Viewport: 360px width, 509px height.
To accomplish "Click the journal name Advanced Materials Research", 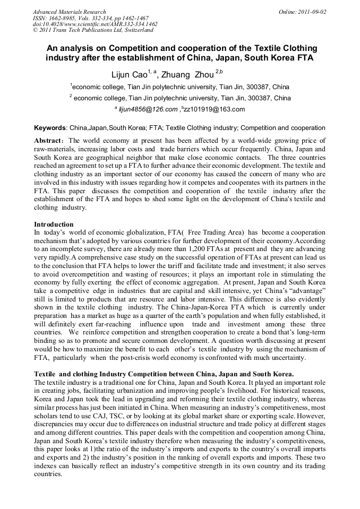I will click(69, 12).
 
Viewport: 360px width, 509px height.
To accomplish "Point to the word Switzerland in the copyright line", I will click(136, 30).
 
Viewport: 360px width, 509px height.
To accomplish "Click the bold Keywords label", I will click(50, 128).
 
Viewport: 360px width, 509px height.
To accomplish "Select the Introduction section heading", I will click(54, 225).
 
